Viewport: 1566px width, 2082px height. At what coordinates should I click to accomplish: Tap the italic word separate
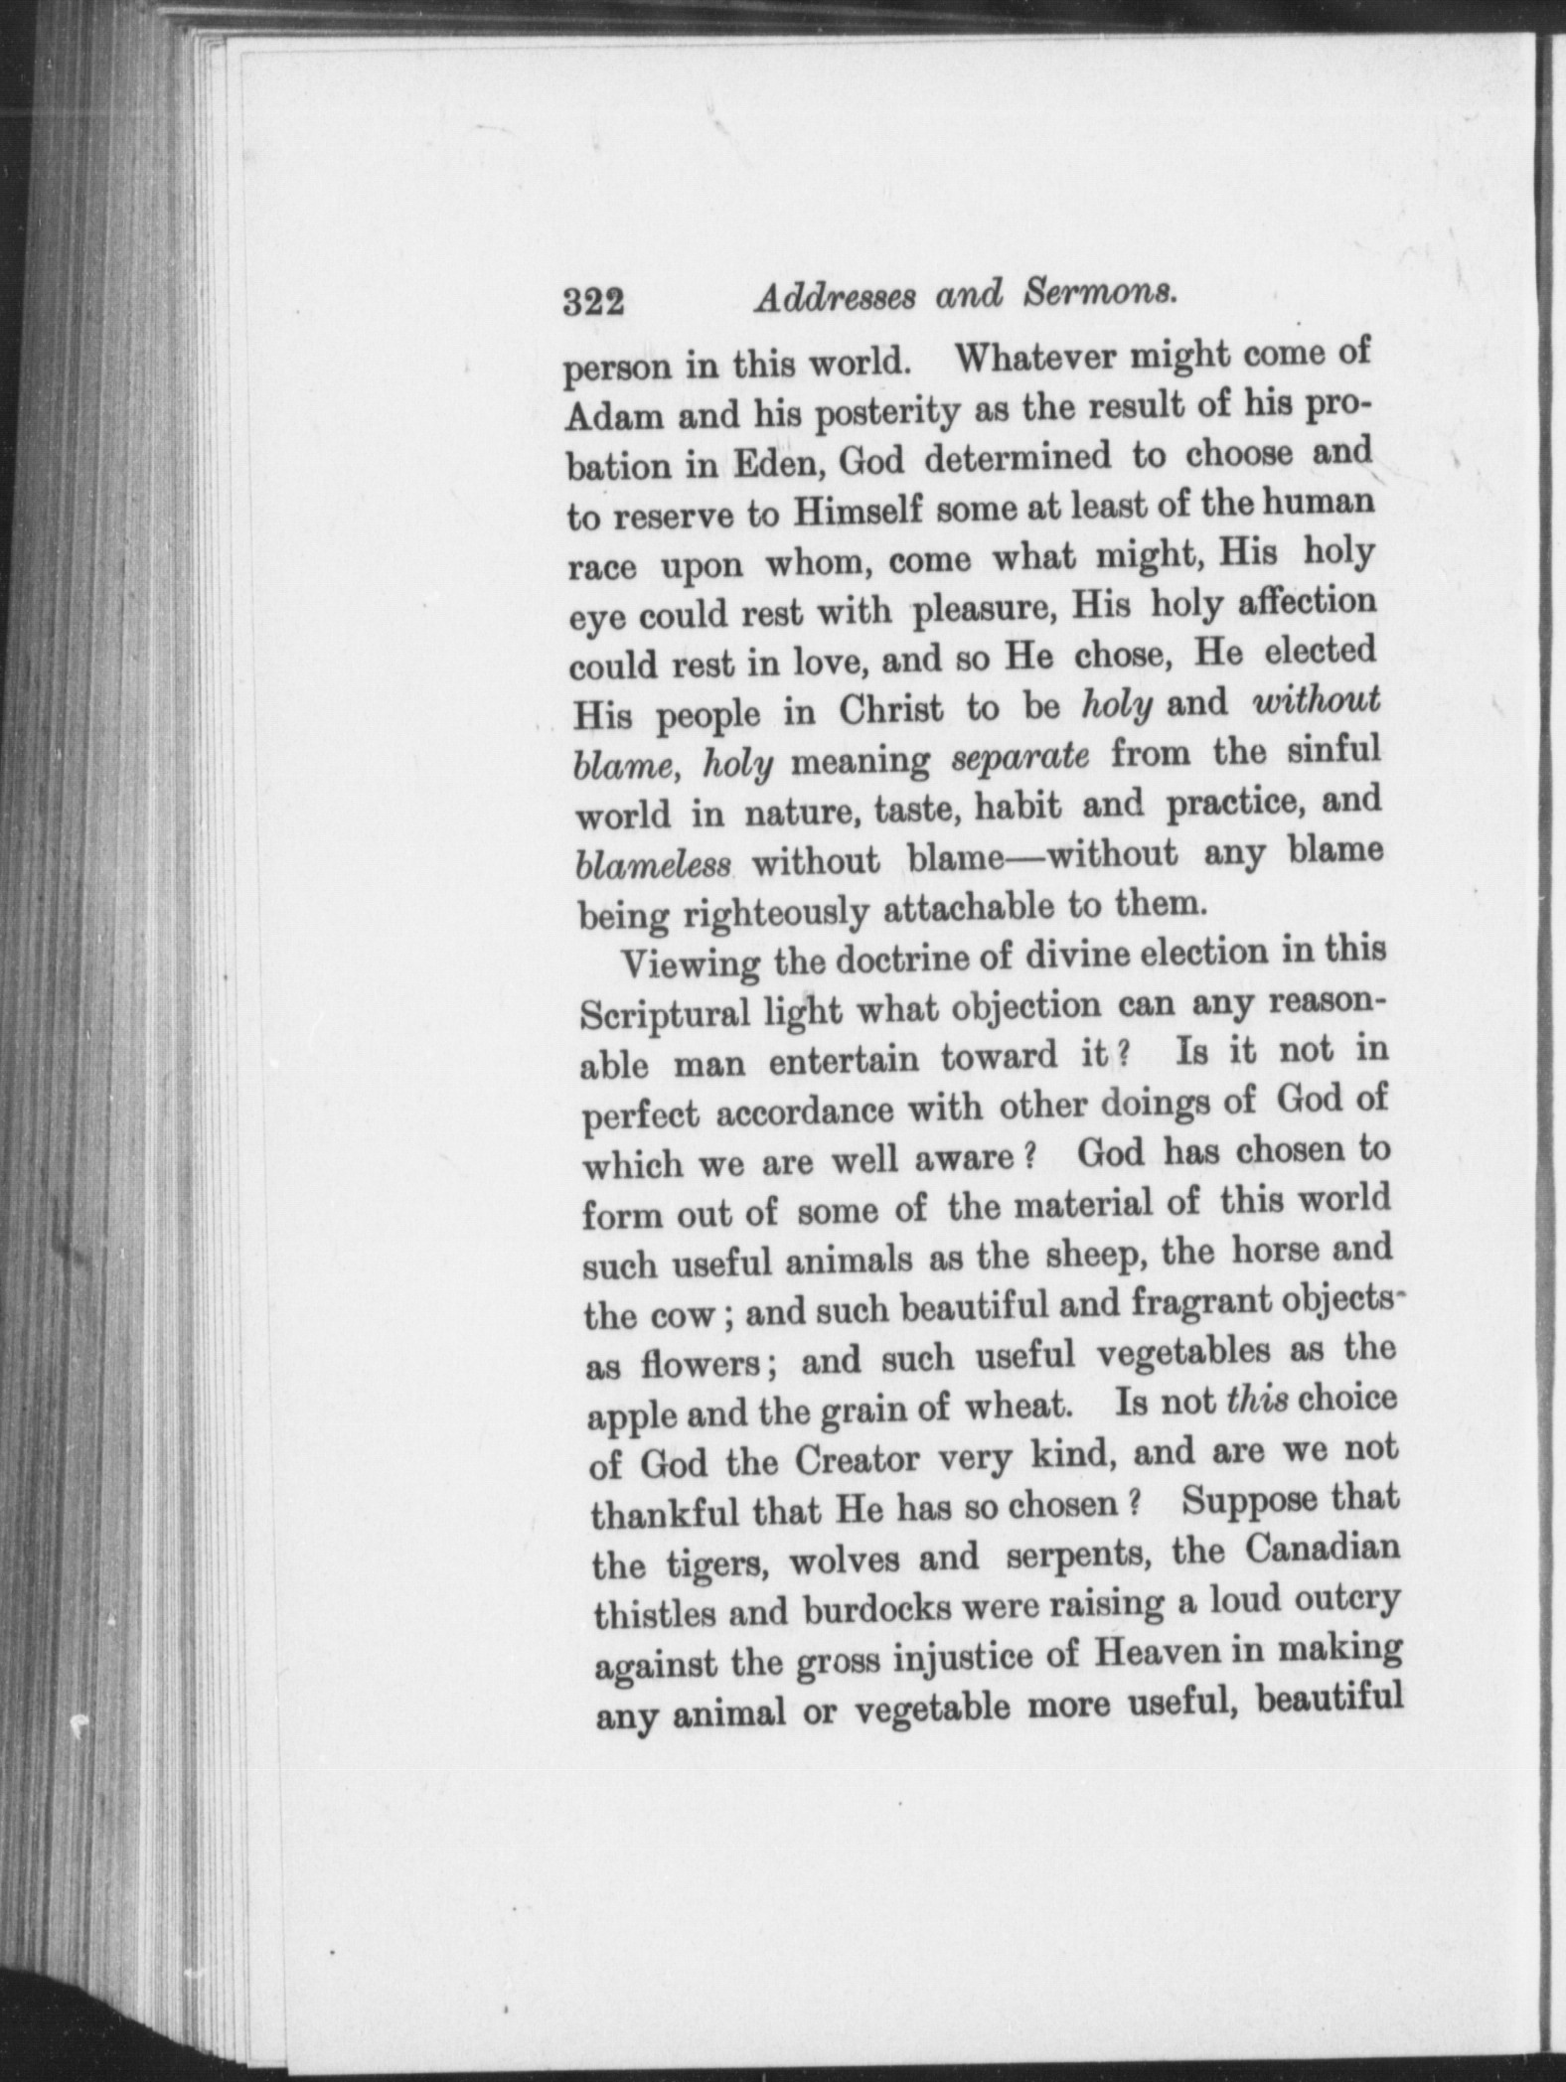click(x=1020, y=757)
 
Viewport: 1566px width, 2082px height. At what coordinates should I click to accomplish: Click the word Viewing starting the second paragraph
click(x=690, y=965)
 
